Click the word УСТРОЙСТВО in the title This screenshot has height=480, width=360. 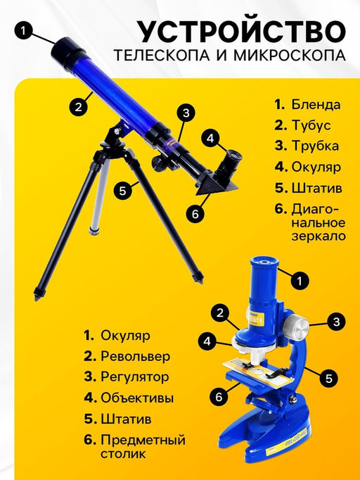pos(243,32)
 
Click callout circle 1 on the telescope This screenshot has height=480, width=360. pos(23,30)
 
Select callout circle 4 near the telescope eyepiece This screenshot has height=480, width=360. pos(210,139)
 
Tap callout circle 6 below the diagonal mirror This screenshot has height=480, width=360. pos(195,214)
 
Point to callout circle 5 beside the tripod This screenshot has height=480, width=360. pos(122,191)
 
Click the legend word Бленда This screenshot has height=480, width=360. pos(316,104)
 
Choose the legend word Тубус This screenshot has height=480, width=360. pos(311,125)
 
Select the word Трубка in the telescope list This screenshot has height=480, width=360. pos(315,146)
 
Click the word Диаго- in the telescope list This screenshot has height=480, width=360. pos(315,210)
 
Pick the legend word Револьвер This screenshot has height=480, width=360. pos(135,356)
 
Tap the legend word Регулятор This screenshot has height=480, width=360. pos(134,377)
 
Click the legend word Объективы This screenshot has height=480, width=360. pos(137,398)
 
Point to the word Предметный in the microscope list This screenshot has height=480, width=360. pos(143,440)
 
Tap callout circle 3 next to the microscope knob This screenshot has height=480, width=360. pos(337,322)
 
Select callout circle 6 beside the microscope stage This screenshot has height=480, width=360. pos(219,397)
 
